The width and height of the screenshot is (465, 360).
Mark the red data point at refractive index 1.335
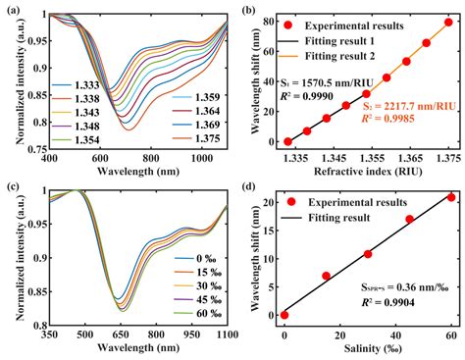pos(287,141)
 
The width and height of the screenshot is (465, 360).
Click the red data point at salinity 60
pos(451,197)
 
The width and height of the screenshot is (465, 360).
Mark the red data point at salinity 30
pos(368,254)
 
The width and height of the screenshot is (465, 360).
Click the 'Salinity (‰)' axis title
pos(367,348)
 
